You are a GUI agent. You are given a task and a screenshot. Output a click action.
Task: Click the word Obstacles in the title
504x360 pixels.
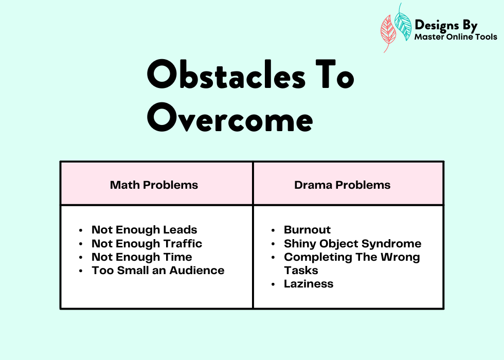tap(226, 74)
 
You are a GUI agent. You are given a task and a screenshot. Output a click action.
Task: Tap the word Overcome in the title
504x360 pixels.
tap(230, 118)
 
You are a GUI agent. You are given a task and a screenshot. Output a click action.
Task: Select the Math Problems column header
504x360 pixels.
tap(154, 185)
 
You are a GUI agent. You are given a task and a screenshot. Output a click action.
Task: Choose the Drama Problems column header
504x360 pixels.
tap(343, 185)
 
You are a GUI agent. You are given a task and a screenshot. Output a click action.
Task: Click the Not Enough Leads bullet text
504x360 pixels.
tap(145, 229)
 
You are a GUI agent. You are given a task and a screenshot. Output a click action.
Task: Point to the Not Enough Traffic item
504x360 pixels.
tap(147, 243)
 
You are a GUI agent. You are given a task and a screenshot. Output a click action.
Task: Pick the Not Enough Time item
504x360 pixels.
tap(142, 257)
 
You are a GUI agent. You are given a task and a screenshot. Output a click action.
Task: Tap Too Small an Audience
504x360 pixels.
tap(158, 271)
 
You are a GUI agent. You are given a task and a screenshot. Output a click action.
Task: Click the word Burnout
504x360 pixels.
tap(308, 229)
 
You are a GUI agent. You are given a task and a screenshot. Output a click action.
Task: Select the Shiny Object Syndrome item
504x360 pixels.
tap(353, 244)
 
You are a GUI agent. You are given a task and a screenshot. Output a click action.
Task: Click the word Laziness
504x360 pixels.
tap(309, 284)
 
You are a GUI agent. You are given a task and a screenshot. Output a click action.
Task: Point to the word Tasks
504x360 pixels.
tap(301, 271)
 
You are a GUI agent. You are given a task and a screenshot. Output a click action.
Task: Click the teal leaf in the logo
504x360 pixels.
tap(403, 23)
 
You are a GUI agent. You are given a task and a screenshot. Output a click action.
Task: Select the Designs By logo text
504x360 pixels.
tap(446, 25)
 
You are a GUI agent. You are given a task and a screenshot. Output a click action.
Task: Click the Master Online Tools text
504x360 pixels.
tap(456, 37)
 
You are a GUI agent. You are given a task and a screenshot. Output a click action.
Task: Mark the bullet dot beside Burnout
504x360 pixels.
tap(273, 230)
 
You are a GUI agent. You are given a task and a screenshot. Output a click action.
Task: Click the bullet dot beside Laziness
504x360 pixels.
tap(273, 284)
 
